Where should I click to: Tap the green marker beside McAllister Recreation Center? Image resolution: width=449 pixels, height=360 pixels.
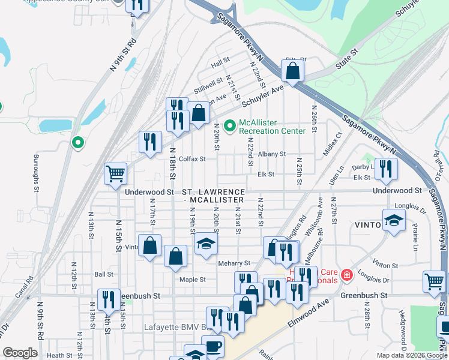click(x=229, y=127)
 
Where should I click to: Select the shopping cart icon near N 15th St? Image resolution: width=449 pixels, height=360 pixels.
click(x=115, y=173)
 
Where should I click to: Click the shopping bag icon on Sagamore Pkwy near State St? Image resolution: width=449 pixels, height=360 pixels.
click(x=292, y=71)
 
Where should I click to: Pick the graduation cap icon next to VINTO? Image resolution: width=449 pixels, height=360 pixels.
click(x=394, y=220)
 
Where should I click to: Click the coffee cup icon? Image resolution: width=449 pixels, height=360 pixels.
click(x=212, y=346)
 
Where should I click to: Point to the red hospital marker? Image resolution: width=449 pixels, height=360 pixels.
click(x=346, y=276)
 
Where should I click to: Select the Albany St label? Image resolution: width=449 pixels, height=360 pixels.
click(x=272, y=154)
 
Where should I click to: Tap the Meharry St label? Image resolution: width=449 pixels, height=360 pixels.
click(x=238, y=263)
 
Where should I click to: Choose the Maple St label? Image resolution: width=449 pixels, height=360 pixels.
click(x=193, y=280)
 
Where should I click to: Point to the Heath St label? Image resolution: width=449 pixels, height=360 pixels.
click(x=59, y=355)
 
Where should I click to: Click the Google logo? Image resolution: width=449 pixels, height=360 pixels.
click(x=20, y=353)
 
